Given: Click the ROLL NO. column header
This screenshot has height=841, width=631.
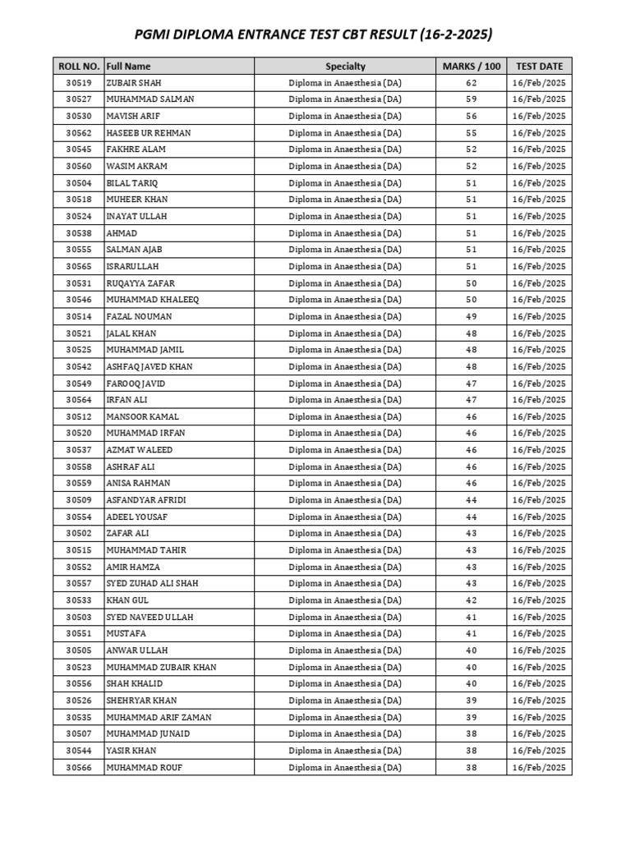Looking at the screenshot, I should (79, 66).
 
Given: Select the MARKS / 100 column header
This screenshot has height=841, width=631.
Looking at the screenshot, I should (471, 66).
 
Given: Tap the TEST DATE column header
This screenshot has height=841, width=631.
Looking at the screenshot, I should (539, 66).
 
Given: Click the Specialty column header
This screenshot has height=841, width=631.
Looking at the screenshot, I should (345, 66).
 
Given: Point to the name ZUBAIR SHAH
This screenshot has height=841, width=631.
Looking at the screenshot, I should (134, 83).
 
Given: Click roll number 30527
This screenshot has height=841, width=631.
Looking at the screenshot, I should (79, 99).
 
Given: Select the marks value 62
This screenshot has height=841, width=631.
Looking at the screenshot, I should (471, 83).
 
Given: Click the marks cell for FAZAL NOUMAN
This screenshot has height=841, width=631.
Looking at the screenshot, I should (471, 316).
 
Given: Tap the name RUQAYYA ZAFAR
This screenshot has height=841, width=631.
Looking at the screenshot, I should (140, 283).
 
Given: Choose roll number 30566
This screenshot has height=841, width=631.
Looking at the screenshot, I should (79, 767).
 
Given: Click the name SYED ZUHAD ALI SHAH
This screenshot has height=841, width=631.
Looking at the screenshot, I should (152, 583).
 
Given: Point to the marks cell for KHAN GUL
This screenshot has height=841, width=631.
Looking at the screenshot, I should (471, 600).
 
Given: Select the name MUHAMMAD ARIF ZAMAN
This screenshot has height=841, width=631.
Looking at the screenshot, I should (159, 717).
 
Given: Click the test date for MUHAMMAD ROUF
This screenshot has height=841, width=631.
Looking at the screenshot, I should (539, 767).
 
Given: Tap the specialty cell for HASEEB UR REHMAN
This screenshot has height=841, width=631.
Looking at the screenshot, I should (345, 133).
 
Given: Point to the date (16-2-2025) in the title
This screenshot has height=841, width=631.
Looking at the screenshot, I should (456, 34).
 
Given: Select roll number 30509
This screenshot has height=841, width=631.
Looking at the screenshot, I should (79, 500).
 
